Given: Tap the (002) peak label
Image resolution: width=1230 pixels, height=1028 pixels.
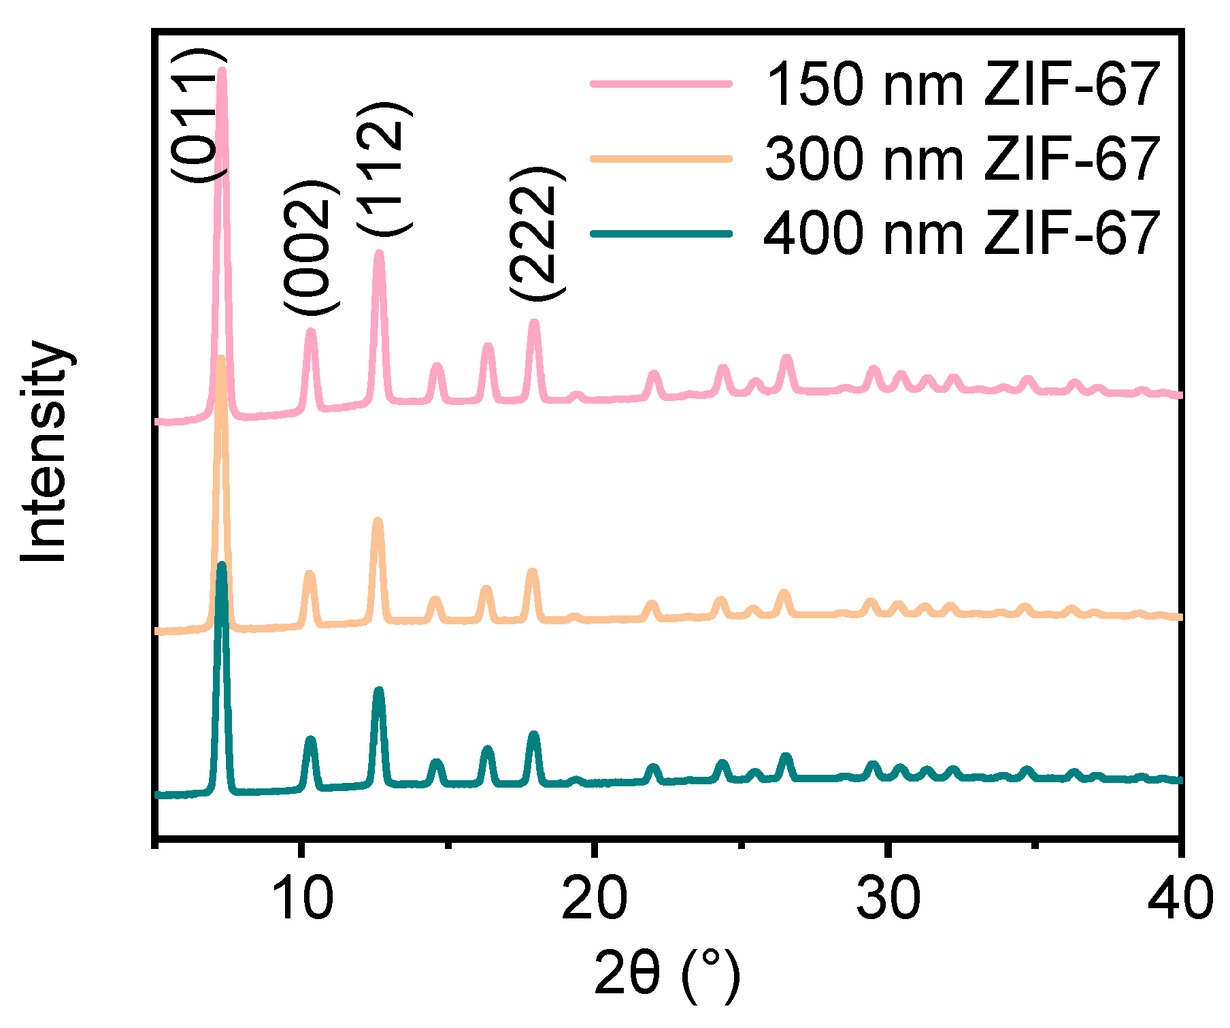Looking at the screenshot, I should pos(311,248).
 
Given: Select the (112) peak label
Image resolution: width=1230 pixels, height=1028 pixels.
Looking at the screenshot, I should pos(383,170).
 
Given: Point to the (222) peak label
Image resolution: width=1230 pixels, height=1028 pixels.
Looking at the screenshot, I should pos(537,233).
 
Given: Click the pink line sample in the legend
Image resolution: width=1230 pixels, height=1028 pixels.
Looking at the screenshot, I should pos(661,84).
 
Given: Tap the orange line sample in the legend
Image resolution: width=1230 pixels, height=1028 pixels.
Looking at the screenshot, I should pos(661,159).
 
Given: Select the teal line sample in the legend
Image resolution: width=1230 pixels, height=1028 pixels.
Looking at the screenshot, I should pos(661,234).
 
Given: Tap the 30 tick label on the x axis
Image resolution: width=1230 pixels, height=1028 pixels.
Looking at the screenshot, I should pos(888,897).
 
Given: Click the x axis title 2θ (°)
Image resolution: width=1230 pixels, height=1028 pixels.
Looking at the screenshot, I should pos(667,975).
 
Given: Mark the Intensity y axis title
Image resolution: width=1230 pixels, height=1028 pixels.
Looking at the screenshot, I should pos(45,451).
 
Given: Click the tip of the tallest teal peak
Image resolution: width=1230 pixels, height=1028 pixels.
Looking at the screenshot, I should pos(221,565).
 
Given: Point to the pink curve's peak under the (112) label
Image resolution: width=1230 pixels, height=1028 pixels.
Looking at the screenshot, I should pos(380,254).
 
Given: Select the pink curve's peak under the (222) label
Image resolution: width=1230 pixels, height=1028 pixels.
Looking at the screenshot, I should pos(534,323).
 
